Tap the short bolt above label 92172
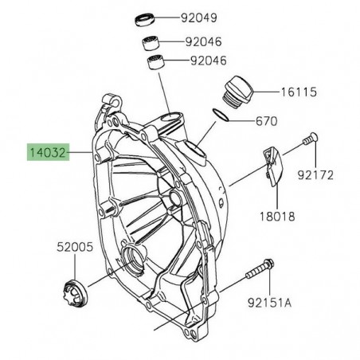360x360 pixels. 310,161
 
